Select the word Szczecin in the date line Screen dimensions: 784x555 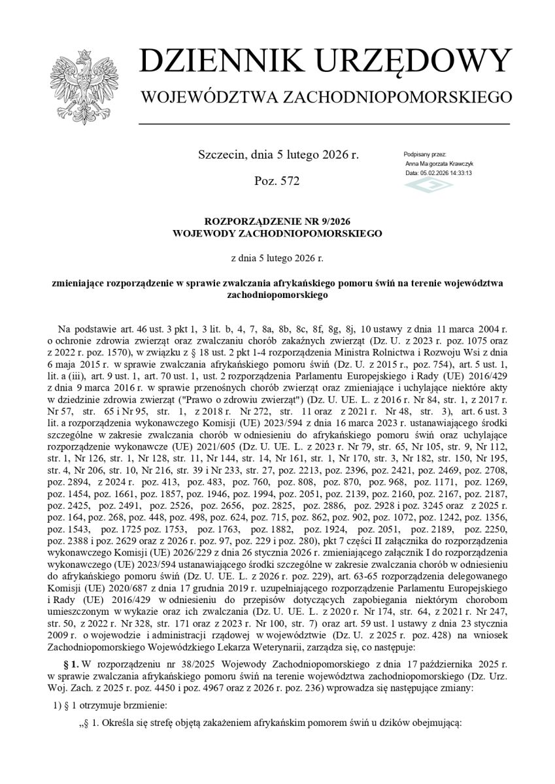pos(221,155)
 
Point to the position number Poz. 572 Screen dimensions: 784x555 pos(277,181)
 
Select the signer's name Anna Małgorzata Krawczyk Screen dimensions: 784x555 pos(439,163)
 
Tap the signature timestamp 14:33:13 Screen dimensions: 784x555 pos(460,173)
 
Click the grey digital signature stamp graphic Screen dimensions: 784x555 pos(428,186)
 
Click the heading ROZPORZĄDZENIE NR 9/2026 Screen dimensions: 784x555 pos(277,220)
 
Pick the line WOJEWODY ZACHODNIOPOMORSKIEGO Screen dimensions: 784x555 pos(277,232)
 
